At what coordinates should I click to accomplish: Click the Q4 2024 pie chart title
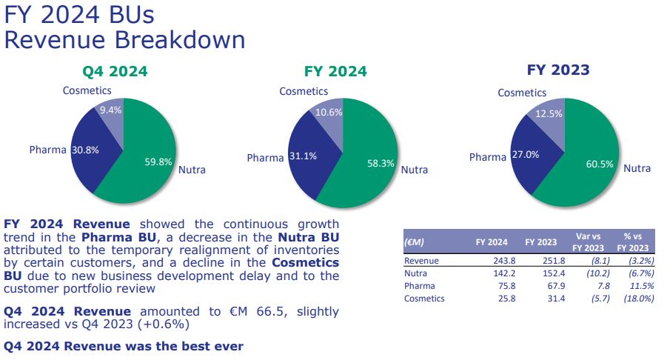click(x=115, y=71)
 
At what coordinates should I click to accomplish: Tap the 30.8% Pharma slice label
click(x=85, y=150)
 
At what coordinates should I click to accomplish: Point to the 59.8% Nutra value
click(x=158, y=162)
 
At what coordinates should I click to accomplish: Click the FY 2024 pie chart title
click(x=335, y=71)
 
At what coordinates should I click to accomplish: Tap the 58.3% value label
click(x=381, y=163)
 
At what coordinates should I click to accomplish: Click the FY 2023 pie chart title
click(x=558, y=70)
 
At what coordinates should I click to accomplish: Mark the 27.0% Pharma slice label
click(x=526, y=154)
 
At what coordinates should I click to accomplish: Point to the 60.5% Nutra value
click(x=600, y=164)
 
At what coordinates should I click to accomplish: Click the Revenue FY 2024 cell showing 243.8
click(x=504, y=261)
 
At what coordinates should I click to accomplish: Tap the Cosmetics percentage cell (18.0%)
click(x=638, y=299)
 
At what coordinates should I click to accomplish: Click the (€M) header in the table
click(x=414, y=242)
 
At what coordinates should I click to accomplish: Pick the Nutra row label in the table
click(x=415, y=273)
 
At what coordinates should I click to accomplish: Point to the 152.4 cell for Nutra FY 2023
click(x=553, y=273)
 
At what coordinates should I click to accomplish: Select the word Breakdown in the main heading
click(x=180, y=40)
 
